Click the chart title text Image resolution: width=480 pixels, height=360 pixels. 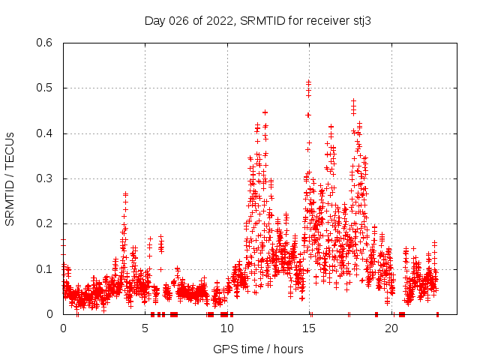257,21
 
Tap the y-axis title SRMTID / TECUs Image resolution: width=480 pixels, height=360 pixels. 10,178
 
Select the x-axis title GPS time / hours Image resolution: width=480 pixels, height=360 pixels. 258,349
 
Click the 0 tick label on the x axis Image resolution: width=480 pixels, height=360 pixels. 63,328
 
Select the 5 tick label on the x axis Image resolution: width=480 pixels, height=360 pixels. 145,328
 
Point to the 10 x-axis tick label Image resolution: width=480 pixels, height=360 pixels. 227,328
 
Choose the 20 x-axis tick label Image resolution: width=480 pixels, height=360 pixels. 391,328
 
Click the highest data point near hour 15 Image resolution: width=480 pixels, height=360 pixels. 308,82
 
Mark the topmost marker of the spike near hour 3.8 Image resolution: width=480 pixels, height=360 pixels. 125,193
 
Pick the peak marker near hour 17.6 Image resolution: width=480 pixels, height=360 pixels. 353,100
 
